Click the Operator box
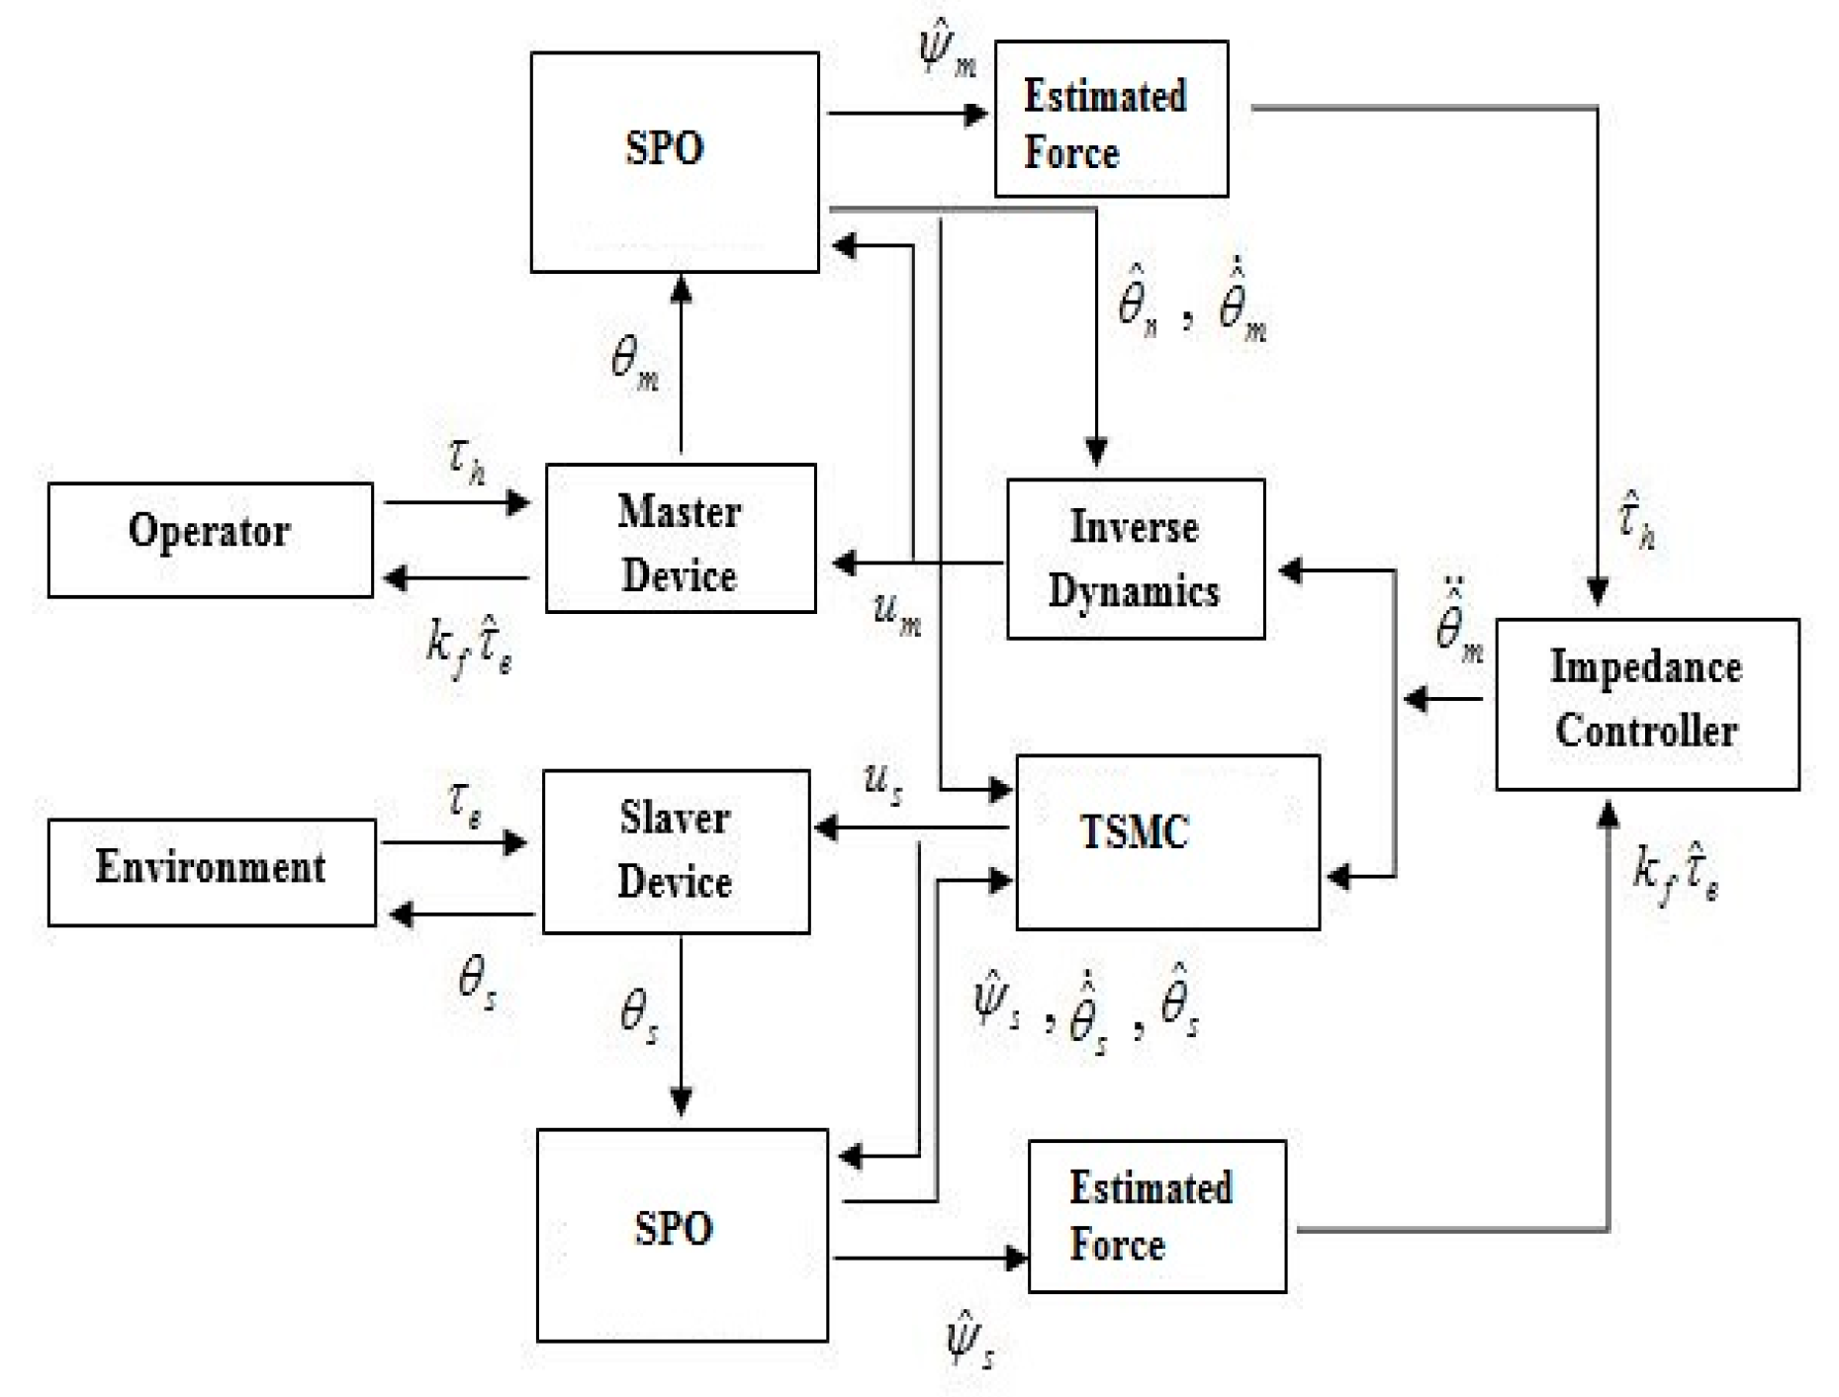click(210, 540)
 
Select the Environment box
click(212, 871)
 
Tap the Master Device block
click(681, 539)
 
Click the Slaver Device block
click(676, 851)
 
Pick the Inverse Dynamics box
click(1135, 559)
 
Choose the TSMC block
click(1167, 841)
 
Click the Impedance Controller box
click(1646, 703)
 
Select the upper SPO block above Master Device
click(675, 161)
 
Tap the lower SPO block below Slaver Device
click(682, 1234)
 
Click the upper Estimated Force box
click(1111, 119)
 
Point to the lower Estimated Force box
click(1156, 1216)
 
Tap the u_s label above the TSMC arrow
click(882, 783)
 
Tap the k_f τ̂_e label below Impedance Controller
click(1675, 873)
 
